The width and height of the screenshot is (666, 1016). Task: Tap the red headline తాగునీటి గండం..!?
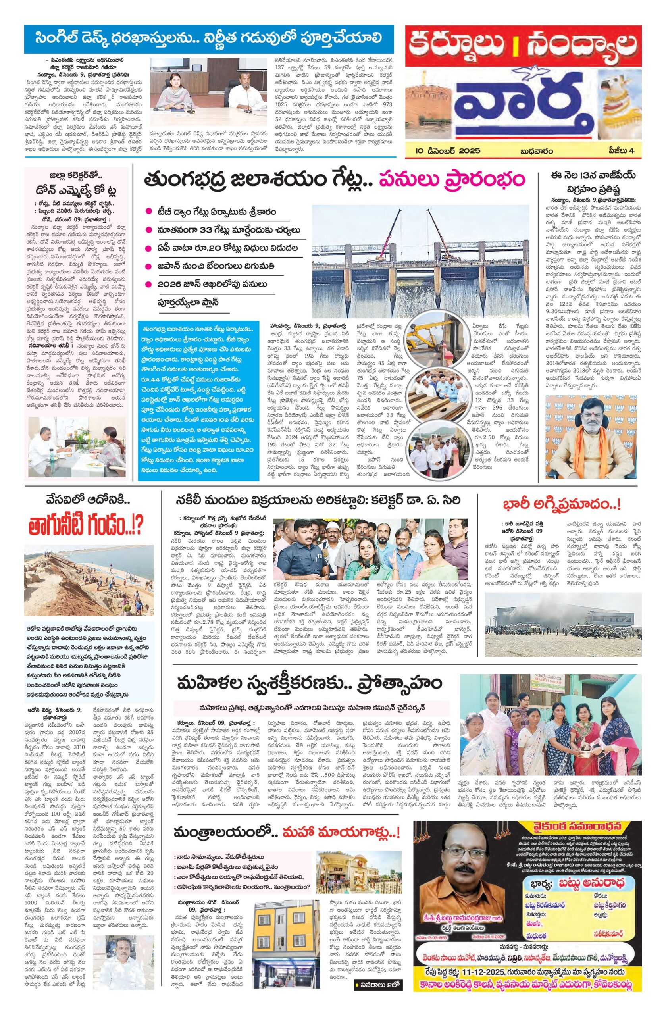[84, 527]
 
